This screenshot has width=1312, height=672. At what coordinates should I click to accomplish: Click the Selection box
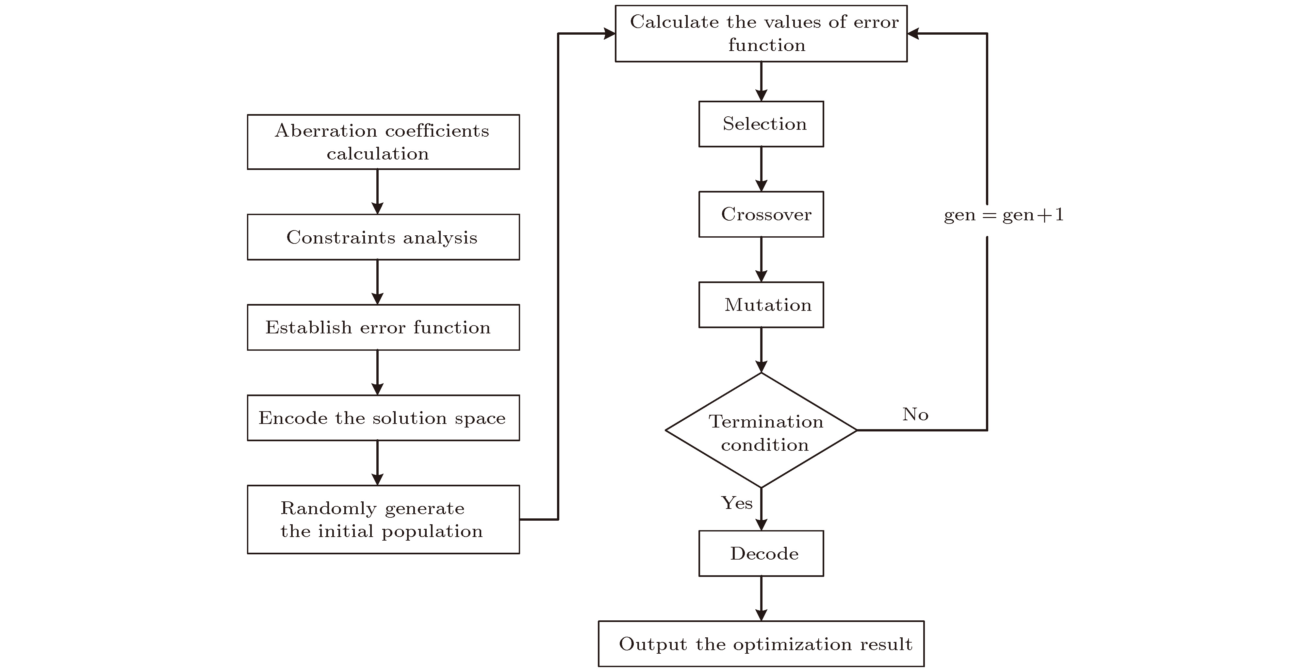pyautogui.click(x=761, y=124)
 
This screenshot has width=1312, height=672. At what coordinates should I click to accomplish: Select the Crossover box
pyautogui.click(x=761, y=214)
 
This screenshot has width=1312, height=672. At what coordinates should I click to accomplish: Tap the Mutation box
pyautogui.click(x=761, y=305)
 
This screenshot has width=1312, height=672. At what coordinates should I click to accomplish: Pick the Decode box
pyautogui.click(x=761, y=553)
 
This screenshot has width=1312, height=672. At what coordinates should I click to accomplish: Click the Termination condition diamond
pyautogui.click(x=761, y=430)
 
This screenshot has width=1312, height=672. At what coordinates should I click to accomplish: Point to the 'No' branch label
pyautogui.click(x=915, y=414)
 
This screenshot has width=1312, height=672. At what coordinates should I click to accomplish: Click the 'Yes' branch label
pyautogui.click(x=736, y=503)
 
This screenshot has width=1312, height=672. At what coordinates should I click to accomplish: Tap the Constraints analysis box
pyautogui.click(x=383, y=237)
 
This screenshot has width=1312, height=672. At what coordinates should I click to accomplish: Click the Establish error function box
pyautogui.click(x=383, y=327)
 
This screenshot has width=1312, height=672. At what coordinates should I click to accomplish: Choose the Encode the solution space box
pyautogui.click(x=383, y=418)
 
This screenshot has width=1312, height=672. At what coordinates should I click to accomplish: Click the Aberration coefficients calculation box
pyautogui.click(x=383, y=142)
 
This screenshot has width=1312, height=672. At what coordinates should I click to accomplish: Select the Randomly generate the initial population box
pyautogui.click(x=383, y=519)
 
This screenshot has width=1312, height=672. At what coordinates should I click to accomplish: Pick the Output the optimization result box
pyautogui.click(x=761, y=644)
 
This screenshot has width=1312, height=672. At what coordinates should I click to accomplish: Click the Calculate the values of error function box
pyautogui.click(x=761, y=34)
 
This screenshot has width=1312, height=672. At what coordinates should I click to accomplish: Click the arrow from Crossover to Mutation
pyautogui.click(x=761, y=259)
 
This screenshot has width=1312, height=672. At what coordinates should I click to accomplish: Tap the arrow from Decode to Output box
pyautogui.click(x=761, y=598)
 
